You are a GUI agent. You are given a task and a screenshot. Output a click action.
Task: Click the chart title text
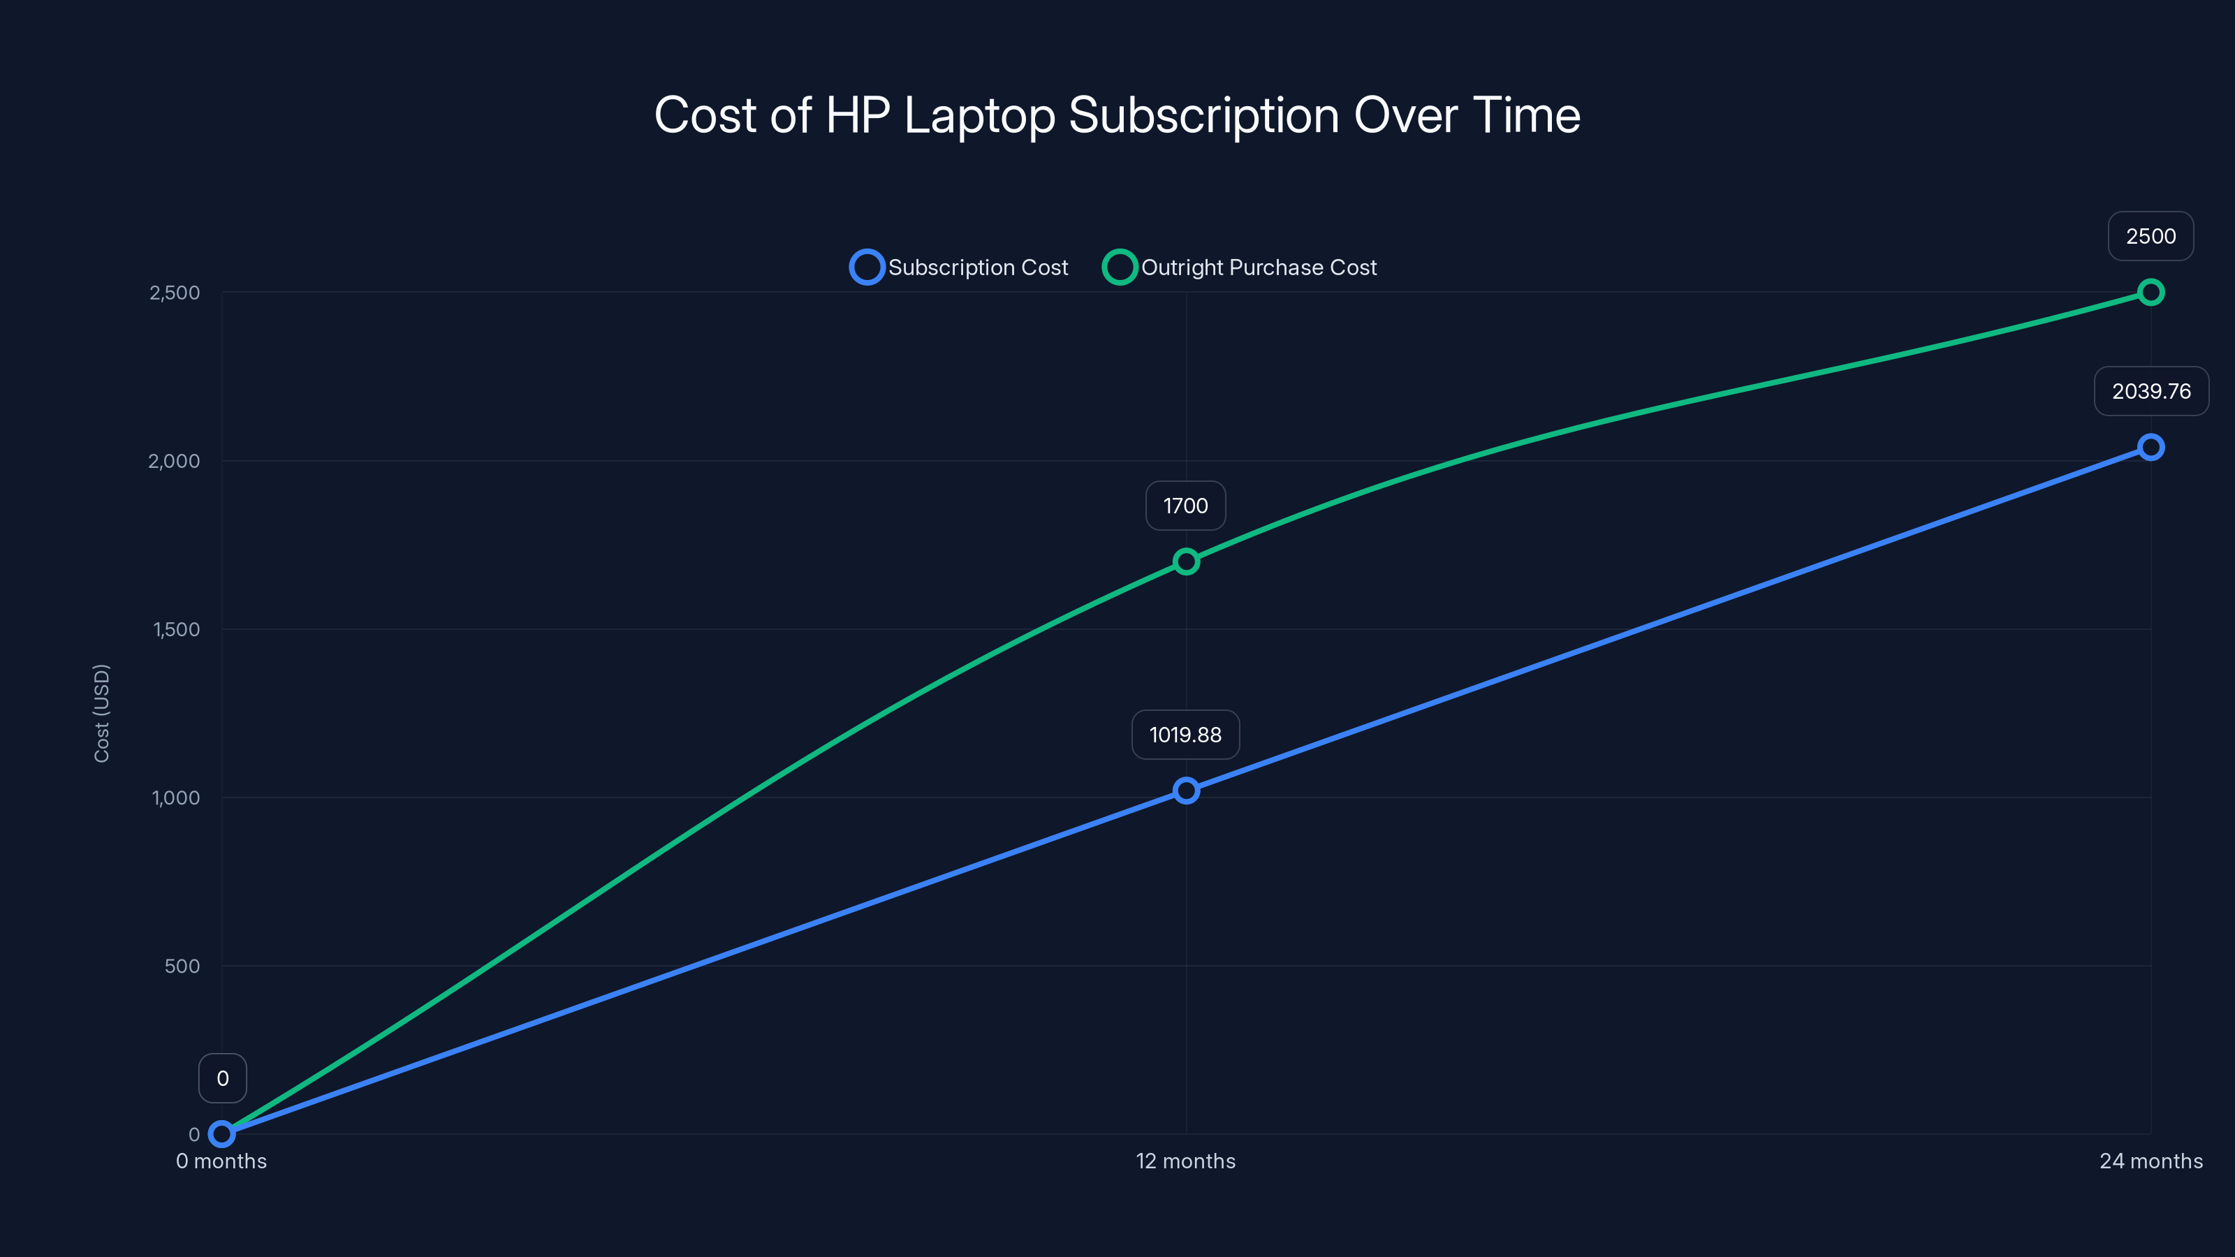1117,115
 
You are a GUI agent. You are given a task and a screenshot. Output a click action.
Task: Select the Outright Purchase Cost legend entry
1240,267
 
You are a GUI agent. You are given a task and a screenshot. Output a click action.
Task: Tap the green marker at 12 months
1185,561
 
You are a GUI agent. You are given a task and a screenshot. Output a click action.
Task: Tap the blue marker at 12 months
1185,791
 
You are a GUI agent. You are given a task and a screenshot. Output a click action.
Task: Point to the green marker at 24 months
2150,293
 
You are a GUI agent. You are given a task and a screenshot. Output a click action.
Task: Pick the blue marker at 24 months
2150,448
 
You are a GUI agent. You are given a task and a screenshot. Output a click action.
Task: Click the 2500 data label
2150,236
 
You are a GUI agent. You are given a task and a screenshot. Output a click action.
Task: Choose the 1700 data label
1185,506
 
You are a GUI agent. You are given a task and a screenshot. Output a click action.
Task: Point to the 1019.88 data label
1185,735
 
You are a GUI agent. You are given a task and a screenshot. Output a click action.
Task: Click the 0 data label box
223,1078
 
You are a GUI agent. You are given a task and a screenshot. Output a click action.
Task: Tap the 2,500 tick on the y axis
175,293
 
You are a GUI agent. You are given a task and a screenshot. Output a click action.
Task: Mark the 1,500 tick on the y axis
176,629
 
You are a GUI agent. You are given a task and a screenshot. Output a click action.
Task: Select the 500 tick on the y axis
182,966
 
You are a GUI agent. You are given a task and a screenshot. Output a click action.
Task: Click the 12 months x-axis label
1185,1161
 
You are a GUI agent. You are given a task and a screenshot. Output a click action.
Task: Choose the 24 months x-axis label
2150,1161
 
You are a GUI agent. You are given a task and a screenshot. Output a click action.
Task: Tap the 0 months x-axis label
221,1161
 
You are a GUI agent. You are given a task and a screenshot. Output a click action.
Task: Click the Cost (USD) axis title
101,713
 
